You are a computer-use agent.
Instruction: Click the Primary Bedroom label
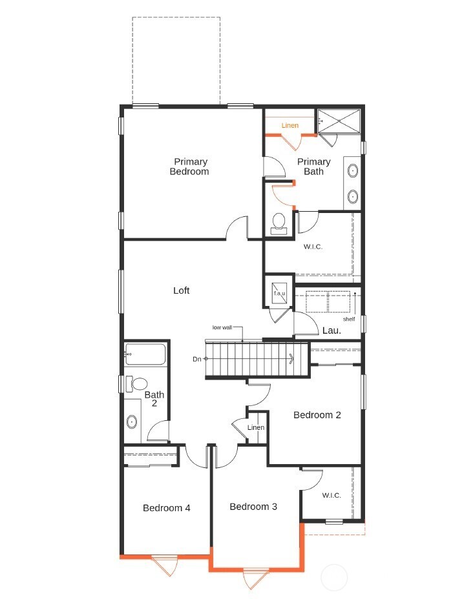189,167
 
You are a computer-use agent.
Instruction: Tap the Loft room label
182,290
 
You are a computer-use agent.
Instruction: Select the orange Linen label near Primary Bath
290,125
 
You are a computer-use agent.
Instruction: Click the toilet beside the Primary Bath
279,223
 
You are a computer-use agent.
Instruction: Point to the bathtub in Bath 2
145,354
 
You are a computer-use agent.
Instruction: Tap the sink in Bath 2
132,422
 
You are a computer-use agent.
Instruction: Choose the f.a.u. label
279,294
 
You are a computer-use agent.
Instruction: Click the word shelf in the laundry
349,319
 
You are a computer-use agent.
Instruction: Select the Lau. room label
332,330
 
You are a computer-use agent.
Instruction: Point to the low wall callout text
222,327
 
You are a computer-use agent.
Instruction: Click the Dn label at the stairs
196,359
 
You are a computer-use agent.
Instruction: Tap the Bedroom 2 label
317,415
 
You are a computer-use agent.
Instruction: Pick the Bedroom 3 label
253,507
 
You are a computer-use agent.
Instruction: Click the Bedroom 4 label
167,508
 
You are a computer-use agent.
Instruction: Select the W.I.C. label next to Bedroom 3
332,496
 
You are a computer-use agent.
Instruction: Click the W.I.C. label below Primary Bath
313,247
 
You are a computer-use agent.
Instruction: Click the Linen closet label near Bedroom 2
256,428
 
